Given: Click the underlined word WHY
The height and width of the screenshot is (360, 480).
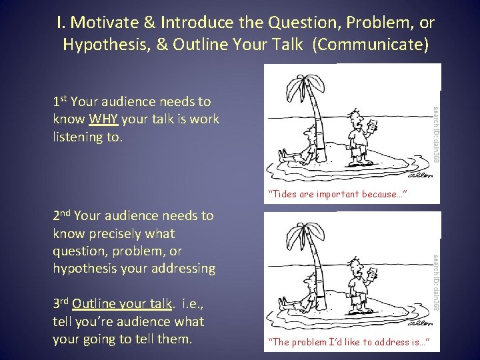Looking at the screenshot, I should [103, 120].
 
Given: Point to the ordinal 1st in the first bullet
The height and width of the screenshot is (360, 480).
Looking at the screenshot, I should [60, 101].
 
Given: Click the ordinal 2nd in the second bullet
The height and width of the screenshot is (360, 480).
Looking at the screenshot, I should [61, 215].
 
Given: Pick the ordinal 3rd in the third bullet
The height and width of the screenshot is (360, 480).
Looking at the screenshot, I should [61, 303].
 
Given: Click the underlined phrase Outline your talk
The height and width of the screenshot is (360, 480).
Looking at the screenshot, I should [122, 304].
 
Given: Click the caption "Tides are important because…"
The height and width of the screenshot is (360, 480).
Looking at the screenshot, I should [337, 195].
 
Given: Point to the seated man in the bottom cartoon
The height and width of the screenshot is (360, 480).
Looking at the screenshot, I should [299, 295].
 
